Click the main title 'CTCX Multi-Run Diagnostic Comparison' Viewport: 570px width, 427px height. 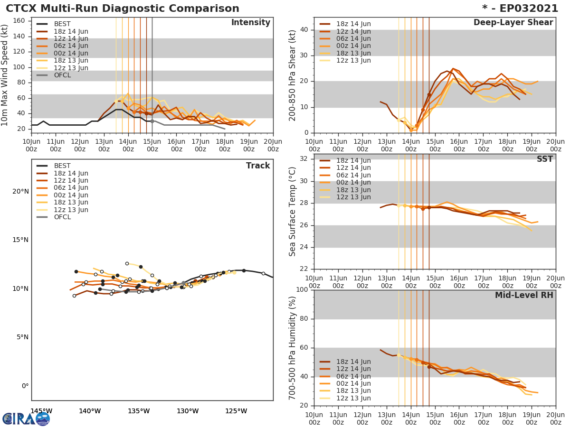pyautogui.click(x=123, y=9)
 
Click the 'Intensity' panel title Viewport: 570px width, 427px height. pyautogui.click(x=250, y=23)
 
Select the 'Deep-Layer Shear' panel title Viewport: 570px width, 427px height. pyautogui.click(x=513, y=23)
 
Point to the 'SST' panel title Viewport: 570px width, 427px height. pyautogui.click(x=544, y=159)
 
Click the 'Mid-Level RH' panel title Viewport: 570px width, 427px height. pyautogui.click(x=524, y=295)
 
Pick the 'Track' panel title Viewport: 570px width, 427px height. pyautogui.click(x=257, y=166)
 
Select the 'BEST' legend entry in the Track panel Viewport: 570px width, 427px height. pyautogui.click(x=62, y=166)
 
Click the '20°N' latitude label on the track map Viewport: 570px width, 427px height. pyautogui.click(x=20, y=191)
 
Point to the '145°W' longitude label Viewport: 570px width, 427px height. pyautogui.click(x=41, y=411)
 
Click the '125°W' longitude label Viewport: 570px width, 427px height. pyautogui.click(x=236, y=411)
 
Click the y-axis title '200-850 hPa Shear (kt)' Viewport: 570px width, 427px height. pyautogui.click(x=293, y=75)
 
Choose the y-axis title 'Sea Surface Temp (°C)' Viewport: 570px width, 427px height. pyautogui.click(x=293, y=212)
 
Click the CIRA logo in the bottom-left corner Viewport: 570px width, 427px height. pyautogui.click(x=26, y=418)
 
